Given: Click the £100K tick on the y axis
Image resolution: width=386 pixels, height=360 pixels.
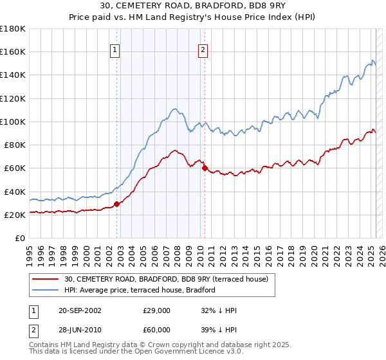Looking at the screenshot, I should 13,122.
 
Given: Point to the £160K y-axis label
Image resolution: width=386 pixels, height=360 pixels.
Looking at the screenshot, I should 13,51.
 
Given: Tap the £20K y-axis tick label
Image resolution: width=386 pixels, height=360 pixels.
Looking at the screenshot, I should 15,215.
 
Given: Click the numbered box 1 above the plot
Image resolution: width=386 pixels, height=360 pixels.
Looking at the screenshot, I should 115,51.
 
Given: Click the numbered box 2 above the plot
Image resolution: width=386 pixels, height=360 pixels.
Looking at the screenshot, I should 203,51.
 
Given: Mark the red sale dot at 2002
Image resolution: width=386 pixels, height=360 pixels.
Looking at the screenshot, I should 116,204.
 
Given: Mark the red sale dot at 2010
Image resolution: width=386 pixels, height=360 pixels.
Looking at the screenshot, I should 205,168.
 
